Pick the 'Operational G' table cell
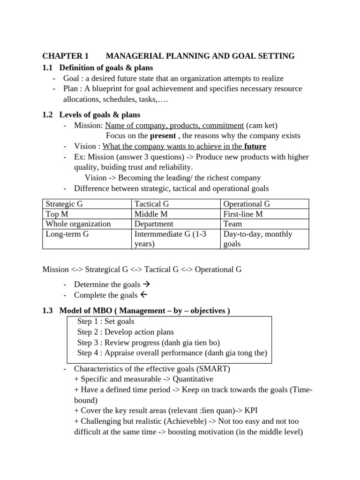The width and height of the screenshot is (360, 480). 247,204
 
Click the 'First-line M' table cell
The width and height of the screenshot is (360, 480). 243,214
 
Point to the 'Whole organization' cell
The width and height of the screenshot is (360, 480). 78,224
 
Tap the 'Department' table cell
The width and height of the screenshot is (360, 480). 154,224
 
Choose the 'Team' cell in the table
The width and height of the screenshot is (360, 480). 232,224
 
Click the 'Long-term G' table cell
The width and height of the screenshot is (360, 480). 67,234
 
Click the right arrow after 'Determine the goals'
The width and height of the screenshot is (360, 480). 145,285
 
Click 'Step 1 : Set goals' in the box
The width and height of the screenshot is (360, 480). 106,322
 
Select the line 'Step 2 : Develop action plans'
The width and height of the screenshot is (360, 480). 126,332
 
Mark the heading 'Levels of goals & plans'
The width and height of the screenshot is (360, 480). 99,115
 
